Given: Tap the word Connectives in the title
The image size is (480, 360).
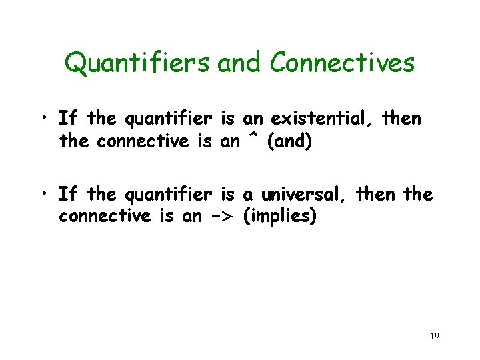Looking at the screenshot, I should pyautogui.click(x=343, y=63).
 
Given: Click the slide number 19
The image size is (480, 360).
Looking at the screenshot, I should pyautogui.click(x=434, y=336).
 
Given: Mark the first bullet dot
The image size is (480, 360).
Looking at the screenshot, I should pyautogui.click(x=43, y=120).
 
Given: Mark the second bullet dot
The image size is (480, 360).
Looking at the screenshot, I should pyautogui.click(x=43, y=195).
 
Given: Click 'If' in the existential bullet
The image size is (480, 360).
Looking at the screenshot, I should pyautogui.click(x=66, y=119).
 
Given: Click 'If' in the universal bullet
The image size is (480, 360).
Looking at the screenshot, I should pyautogui.click(x=66, y=195).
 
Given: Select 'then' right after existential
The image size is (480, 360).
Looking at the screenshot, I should pyautogui.click(x=402, y=119).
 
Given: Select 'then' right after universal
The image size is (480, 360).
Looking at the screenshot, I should pyautogui.click(x=377, y=195).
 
